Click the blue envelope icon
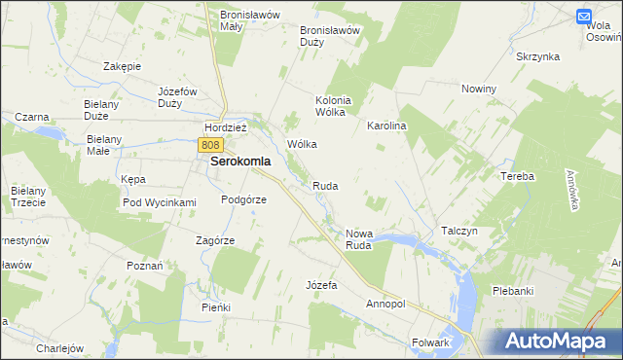[x=584, y=17]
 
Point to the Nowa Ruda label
[x=359, y=239]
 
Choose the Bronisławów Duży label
[x=330, y=35]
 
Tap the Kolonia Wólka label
[x=331, y=106]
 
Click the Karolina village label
[x=385, y=126]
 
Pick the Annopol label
[x=385, y=304]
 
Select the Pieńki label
[x=215, y=307]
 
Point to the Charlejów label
[x=60, y=347]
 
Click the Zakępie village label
[x=123, y=66]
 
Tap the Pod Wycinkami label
[x=160, y=202]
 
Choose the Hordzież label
[x=226, y=127]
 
